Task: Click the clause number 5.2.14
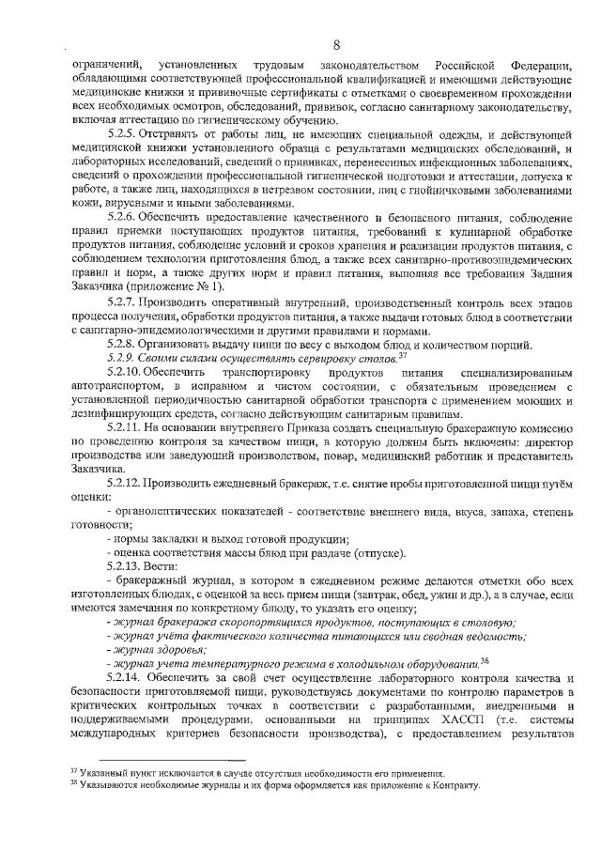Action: click(128, 677)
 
